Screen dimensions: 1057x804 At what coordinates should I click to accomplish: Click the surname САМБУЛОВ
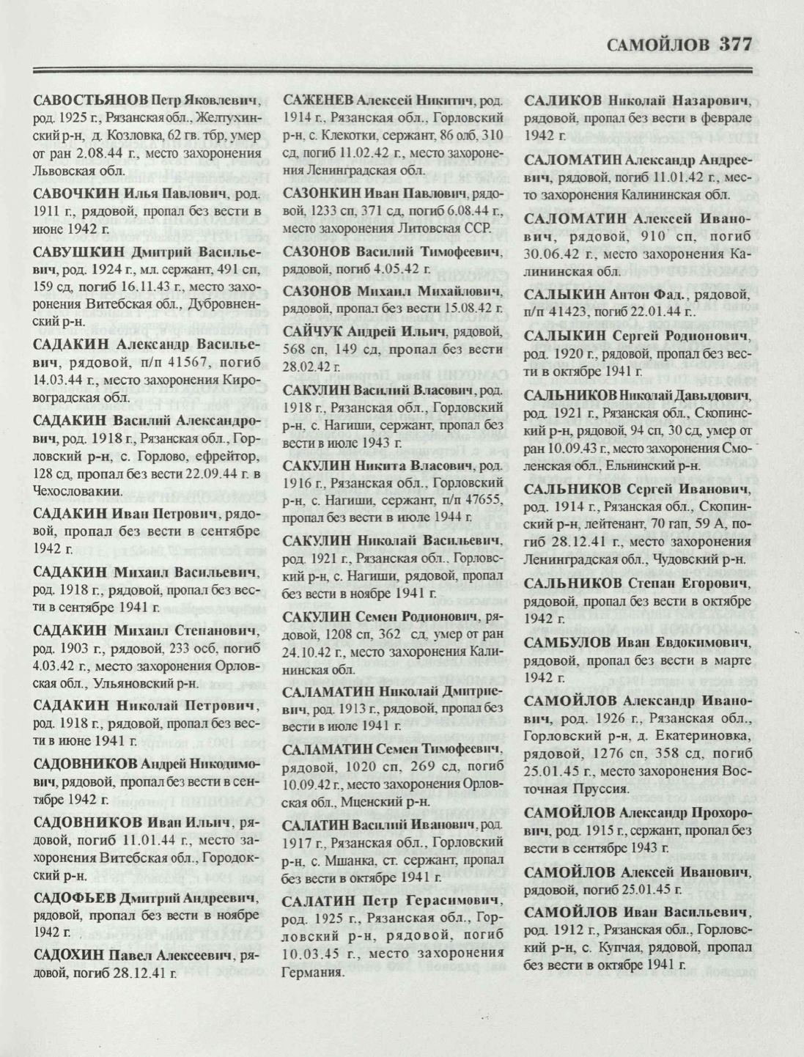point(567,642)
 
